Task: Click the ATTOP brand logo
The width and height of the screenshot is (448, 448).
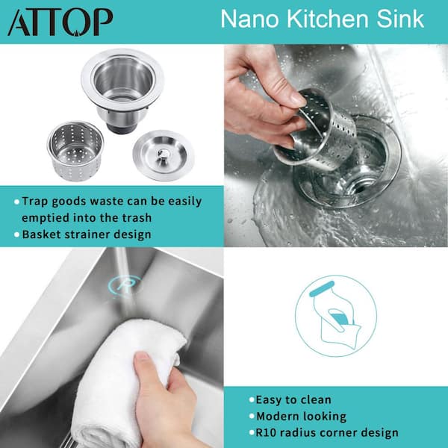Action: pos(60,22)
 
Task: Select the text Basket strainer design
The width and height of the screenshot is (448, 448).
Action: pos(86,234)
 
